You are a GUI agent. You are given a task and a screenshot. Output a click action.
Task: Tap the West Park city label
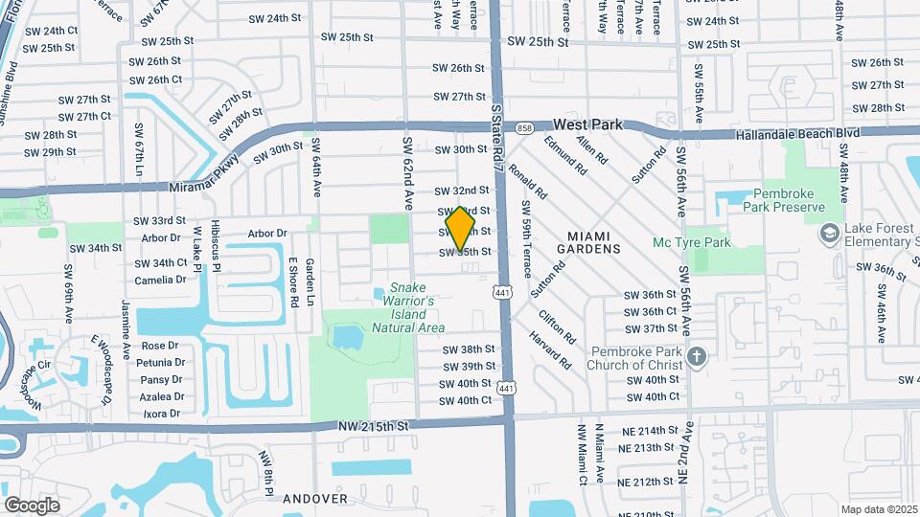588,124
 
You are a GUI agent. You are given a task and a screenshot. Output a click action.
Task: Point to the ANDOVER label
314,499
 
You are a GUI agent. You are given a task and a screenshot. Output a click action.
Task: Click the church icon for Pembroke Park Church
697,356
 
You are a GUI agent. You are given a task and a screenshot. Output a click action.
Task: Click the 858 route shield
523,126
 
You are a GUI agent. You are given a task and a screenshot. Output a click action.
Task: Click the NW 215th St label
373,424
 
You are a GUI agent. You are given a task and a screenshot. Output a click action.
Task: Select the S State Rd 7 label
496,140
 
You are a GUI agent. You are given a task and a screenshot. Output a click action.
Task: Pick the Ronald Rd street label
527,179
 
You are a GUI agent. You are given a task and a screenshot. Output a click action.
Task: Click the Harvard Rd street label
549,351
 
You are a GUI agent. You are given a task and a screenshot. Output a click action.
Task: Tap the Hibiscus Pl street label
216,251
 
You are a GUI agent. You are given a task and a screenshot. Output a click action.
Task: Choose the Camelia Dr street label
161,280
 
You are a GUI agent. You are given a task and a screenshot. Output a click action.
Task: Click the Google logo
32,505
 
